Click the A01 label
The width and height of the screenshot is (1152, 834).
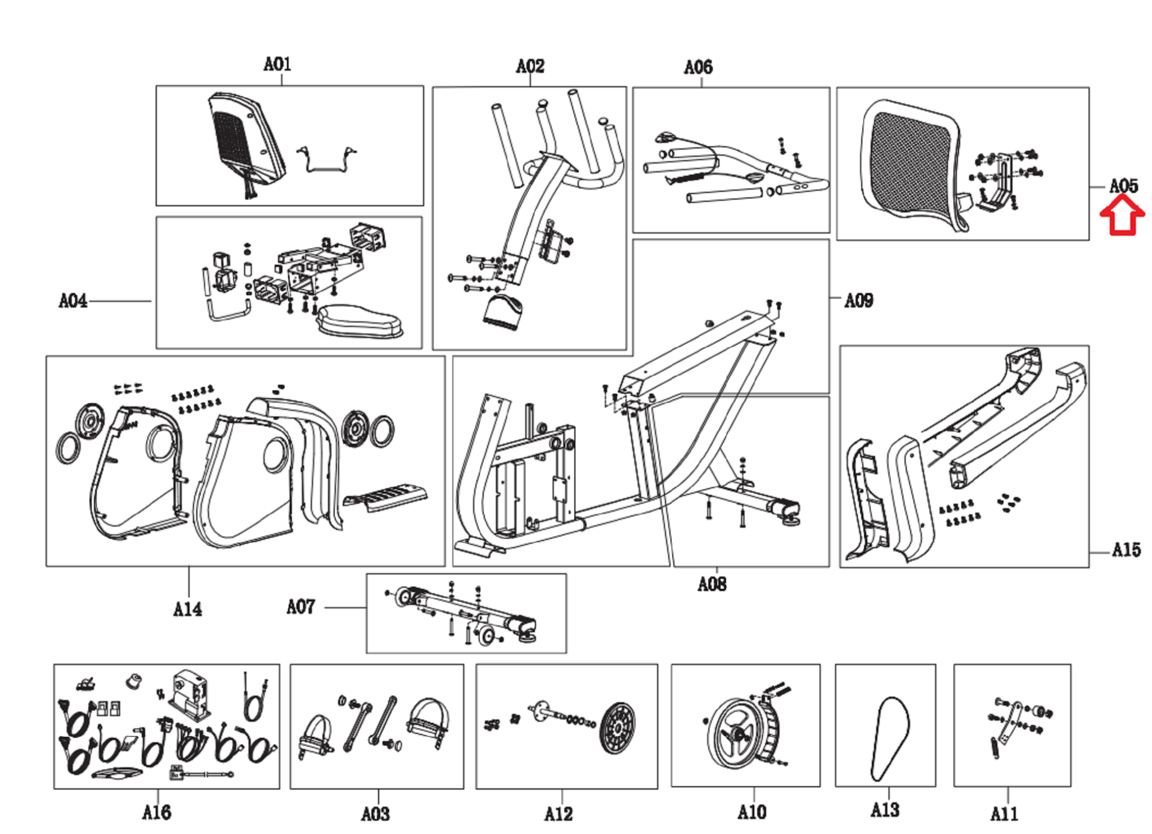click(277, 64)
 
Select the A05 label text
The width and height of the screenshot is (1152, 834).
click(1123, 186)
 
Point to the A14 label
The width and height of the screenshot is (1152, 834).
click(187, 609)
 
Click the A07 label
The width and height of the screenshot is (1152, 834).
click(300, 607)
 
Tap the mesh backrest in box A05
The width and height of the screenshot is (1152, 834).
click(908, 163)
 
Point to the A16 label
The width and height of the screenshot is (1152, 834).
click(156, 812)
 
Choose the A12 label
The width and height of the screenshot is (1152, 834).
click(559, 814)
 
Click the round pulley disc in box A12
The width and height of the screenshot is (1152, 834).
click(617, 728)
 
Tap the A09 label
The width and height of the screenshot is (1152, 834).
click(859, 300)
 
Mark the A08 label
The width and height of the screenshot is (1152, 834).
click(712, 584)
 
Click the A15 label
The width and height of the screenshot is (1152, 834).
click(1126, 549)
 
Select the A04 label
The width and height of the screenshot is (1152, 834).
click(73, 301)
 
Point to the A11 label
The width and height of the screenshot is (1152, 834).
click(1004, 813)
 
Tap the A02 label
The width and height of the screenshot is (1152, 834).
click(530, 66)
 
